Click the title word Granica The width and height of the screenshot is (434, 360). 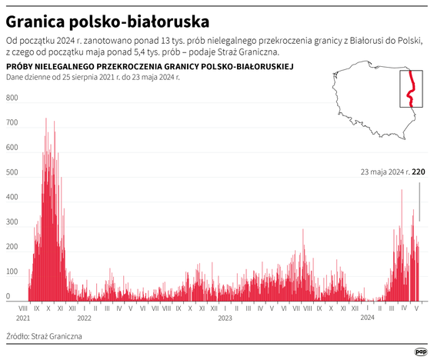click(36, 18)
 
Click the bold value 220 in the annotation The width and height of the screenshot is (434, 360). click(419, 172)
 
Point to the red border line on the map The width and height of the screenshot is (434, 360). click(412, 88)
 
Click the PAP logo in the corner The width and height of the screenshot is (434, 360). click(419, 348)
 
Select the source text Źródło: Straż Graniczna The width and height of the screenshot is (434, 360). click(44, 336)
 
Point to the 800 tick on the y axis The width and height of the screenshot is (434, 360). click(12, 98)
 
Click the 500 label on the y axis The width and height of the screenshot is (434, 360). click(12, 172)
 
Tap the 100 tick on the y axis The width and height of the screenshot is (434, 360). click(12, 272)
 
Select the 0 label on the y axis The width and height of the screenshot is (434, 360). click(8, 296)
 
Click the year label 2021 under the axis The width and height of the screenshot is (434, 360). click(23, 317)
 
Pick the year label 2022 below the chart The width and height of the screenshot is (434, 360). click(84, 317)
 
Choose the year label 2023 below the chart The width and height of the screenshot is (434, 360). click(225, 317)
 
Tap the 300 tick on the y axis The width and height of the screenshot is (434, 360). click(12, 222)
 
